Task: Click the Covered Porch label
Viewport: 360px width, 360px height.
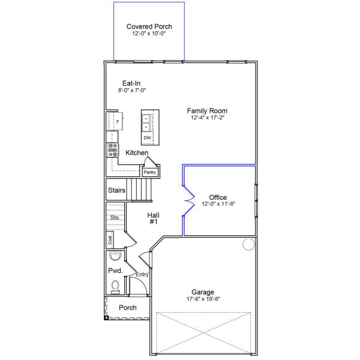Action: (149, 26)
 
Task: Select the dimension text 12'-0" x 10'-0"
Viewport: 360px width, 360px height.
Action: (149, 34)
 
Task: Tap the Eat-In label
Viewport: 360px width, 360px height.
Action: (131, 83)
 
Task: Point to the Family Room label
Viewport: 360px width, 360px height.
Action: (207, 110)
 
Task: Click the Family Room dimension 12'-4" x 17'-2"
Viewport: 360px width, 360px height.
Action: (207, 118)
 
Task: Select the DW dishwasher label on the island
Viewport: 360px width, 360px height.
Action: (147, 138)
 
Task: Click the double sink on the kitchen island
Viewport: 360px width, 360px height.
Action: (146, 122)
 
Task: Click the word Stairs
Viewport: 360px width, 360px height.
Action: (116, 190)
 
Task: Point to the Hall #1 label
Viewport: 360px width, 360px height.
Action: (153, 218)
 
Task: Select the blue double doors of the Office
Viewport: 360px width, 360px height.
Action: (188, 201)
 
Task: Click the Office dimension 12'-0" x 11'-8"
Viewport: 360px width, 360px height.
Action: (218, 204)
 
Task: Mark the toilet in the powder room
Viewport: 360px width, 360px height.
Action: (115, 287)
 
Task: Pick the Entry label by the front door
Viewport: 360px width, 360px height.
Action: (142, 274)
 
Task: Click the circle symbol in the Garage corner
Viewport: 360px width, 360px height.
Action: (248, 244)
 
